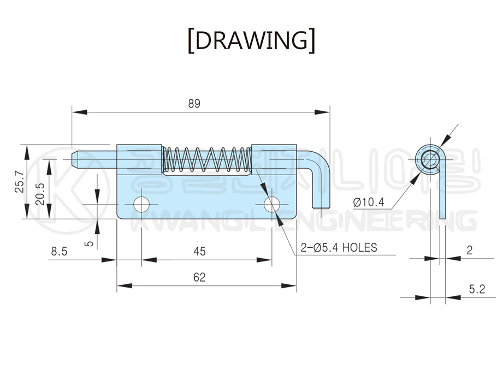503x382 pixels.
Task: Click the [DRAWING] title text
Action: (x=251, y=41)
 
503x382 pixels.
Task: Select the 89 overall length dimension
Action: (x=194, y=104)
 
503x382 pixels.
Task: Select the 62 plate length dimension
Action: (x=199, y=277)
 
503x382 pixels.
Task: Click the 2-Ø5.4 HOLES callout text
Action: (x=339, y=247)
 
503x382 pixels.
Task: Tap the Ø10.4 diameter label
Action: (x=369, y=202)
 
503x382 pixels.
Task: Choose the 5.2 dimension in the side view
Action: (x=476, y=289)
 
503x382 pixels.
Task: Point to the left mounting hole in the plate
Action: (x=141, y=205)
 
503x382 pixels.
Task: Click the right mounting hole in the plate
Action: (x=271, y=205)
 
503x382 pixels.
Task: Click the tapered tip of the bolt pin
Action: (x=76, y=158)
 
